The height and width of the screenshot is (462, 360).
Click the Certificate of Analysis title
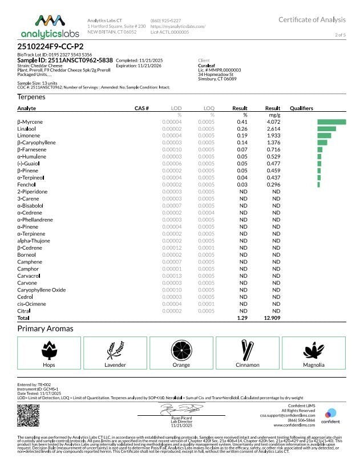312,20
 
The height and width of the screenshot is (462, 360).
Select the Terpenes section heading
32,98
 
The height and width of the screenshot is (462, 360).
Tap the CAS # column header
141,108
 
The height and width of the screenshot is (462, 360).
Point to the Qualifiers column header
301,108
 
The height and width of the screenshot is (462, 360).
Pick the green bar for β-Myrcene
331,121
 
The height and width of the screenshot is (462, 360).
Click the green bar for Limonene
324,136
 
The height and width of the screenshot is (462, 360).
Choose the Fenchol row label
26,184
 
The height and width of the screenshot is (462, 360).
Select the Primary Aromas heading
45,329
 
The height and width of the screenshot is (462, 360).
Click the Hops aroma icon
49,348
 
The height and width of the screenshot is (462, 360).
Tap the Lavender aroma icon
115,348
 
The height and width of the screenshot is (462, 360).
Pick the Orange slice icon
181,348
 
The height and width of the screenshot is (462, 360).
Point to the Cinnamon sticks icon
247,348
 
